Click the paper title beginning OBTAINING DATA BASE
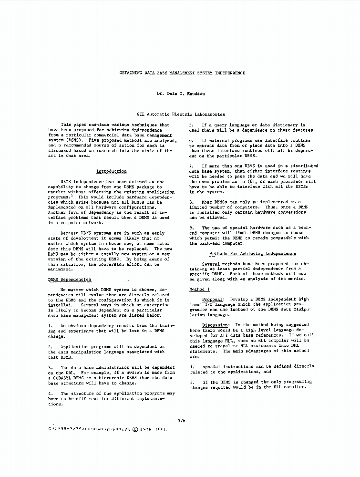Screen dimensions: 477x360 [x=182, y=73]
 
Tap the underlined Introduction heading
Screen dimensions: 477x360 [x=112, y=171]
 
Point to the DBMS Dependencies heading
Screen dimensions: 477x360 [x=70, y=280]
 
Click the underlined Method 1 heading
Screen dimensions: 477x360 [x=199, y=290]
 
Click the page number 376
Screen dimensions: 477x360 [x=181, y=420]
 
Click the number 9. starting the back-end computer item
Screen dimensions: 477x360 [x=191, y=228]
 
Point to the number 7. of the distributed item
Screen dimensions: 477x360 [x=191, y=166]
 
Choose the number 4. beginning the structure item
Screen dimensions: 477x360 [x=51, y=394]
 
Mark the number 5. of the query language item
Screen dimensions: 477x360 [x=191, y=125]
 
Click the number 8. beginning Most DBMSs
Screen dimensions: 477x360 [x=191, y=202]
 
